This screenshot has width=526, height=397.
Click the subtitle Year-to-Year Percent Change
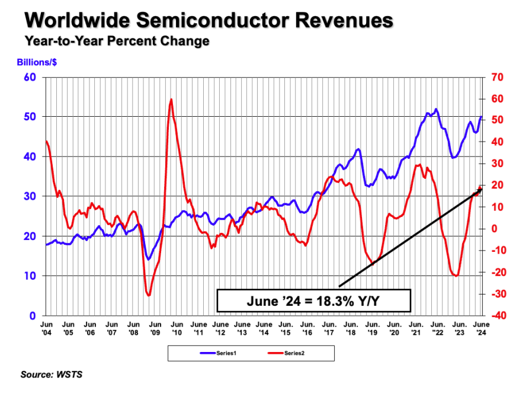point(117,41)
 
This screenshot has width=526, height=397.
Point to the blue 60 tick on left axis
point(30,77)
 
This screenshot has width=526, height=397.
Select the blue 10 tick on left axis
point(30,276)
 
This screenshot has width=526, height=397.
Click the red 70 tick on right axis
point(493,77)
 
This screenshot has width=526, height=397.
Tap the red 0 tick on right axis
point(489,229)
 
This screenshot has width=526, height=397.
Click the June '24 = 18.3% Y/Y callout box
point(313,300)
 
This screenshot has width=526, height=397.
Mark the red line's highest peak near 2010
point(171,100)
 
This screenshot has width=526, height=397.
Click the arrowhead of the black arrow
point(480,190)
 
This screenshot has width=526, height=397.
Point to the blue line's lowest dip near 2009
point(148,259)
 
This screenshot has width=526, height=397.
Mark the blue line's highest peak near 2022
point(437,109)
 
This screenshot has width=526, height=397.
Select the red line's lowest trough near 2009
point(149,295)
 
